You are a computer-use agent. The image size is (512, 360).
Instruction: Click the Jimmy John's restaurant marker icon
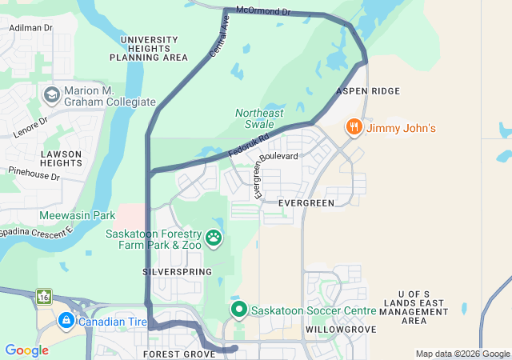tap(353, 127)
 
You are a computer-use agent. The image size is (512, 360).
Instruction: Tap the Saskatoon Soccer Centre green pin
tap(238, 309)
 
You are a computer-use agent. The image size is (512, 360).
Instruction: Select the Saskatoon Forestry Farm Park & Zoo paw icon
tap(214, 237)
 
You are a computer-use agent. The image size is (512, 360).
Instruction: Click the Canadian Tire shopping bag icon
tap(66, 322)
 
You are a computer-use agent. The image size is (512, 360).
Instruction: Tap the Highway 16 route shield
tap(42, 298)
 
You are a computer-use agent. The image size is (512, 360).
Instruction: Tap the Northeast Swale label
tap(259, 118)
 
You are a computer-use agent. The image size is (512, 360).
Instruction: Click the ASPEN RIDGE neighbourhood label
tap(369, 92)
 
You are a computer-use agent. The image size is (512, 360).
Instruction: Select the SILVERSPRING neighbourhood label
tap(177, 272)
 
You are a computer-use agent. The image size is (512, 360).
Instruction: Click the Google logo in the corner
tap(26, 350)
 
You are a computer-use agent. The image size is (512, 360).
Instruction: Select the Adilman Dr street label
tap(30, 27)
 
